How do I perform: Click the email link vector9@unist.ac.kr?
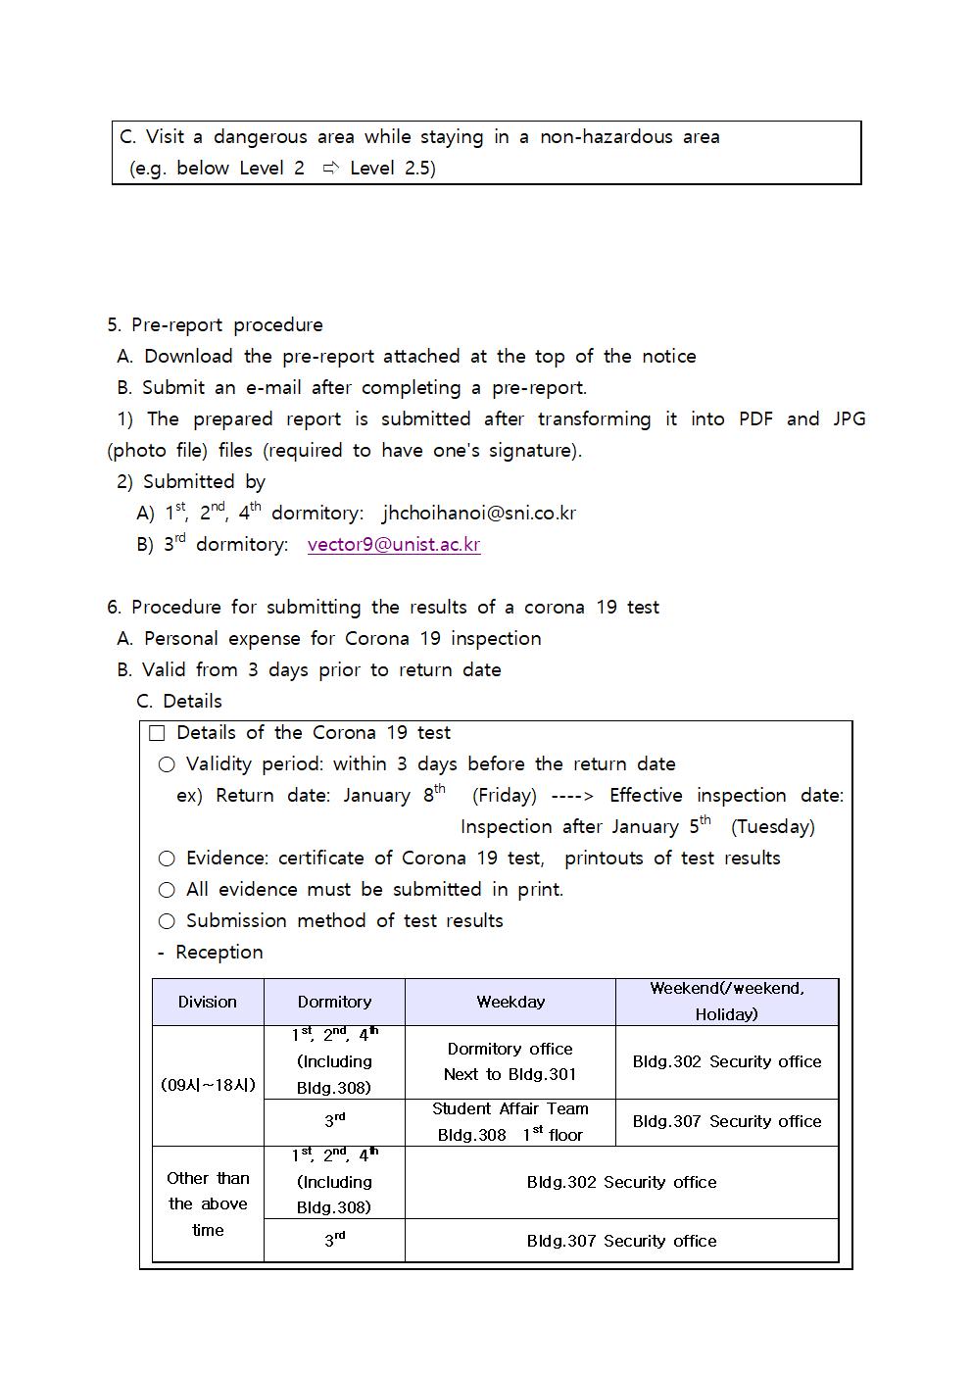point(393,545)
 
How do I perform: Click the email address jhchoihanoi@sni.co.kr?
point(478,514)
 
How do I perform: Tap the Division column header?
point(208,1002)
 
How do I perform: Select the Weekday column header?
point(510,1002)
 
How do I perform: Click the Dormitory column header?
point(334,1002)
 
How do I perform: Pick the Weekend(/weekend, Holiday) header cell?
point(726,1002)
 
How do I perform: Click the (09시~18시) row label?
point(208,1085)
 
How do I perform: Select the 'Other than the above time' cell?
point(208,1203)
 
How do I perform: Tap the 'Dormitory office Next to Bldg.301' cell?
point(510,1061)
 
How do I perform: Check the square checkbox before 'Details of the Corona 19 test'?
point(157,733)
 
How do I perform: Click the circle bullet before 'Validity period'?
point(167,764)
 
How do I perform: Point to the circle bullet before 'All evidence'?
point(167,890)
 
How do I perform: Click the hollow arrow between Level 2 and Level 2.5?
point(330,169)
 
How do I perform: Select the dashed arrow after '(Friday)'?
point(572,796)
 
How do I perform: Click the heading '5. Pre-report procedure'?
point(215,325)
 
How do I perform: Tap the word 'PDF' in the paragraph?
point(755,419)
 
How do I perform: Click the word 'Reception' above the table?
point(219,953)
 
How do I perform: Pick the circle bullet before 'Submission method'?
point(167,921)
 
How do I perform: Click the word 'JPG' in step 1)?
point(849,419)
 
